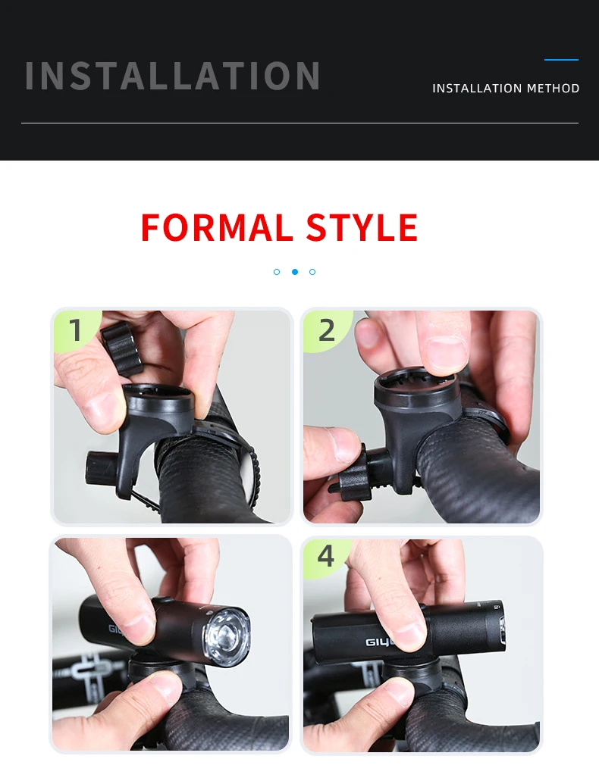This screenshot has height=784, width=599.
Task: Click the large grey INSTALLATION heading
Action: (173, 76)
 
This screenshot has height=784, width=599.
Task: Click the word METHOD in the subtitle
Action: (554, 89)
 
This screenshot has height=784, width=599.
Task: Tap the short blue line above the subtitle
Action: (561, 59)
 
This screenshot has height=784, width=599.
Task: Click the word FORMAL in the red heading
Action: (216, 228)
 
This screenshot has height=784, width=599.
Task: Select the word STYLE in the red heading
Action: (362, 228)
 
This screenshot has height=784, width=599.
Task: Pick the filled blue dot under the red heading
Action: (295, 271)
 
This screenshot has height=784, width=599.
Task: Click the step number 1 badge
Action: (75, 331)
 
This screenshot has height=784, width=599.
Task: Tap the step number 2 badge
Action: (326, 330)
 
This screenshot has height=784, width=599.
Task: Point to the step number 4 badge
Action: (325, 556)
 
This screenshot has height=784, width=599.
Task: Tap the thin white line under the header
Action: (299, 123)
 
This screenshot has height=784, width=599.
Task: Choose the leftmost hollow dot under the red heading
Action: (277, 271)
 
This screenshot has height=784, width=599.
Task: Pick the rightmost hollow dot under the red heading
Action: (312, 271)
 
